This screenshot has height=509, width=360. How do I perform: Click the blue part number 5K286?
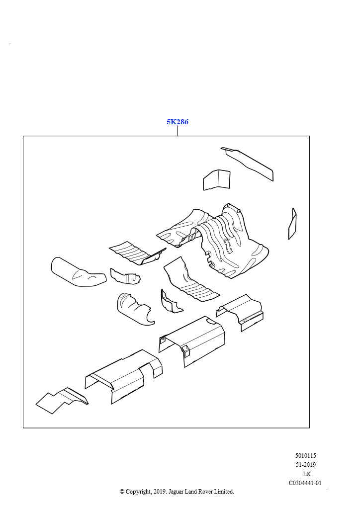178,122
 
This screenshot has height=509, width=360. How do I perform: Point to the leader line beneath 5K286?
178,131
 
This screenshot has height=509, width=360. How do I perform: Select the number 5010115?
305,456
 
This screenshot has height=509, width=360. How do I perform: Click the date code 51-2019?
305,465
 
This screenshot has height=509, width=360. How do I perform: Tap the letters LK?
307,474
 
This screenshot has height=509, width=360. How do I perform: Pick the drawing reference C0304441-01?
305,483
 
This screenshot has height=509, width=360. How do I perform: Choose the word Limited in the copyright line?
223,492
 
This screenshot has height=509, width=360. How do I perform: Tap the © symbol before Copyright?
122,492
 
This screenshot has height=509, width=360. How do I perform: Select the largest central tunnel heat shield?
226,239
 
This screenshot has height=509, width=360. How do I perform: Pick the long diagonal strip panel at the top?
249,163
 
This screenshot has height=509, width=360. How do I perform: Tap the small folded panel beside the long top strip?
216,179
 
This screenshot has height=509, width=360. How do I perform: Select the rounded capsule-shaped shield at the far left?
77,272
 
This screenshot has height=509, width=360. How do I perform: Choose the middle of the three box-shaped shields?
194,340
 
